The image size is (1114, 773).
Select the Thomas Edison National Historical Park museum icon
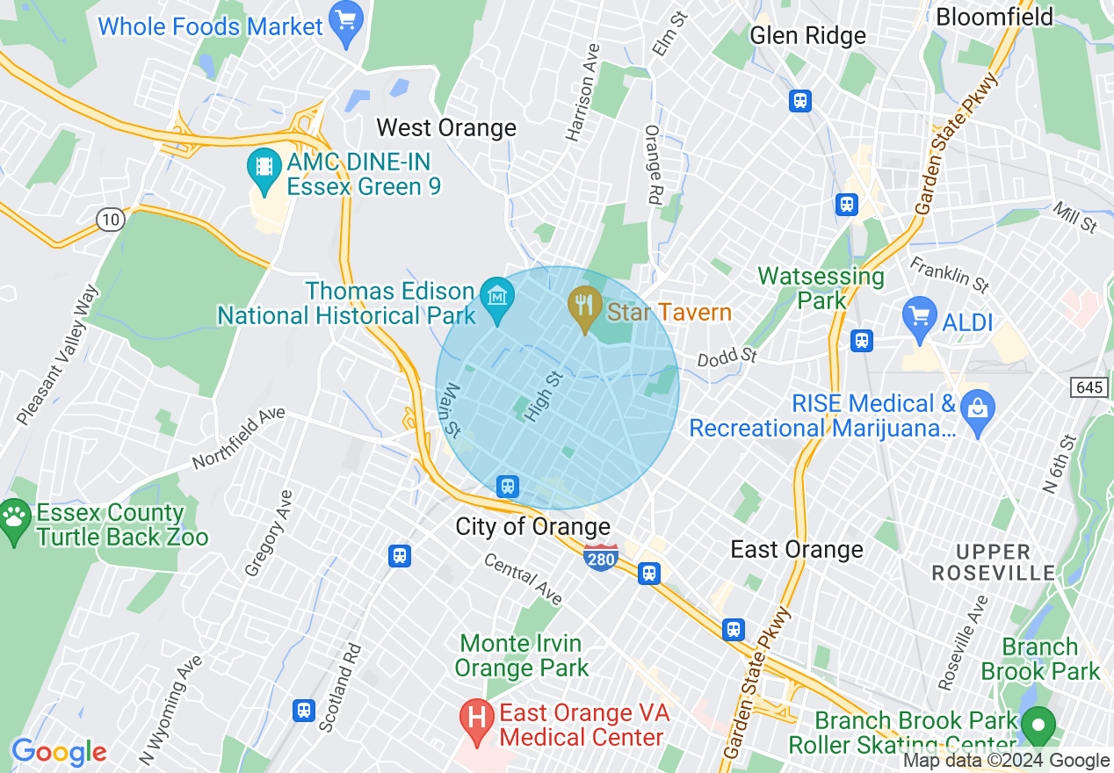tap(497, 299)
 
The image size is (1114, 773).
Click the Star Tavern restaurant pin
tap(583, 307)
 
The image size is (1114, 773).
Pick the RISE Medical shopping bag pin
tap(976, 410)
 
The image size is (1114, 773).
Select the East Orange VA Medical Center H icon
tap(476, 719)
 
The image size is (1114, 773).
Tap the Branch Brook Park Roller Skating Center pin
tap(1039, 725)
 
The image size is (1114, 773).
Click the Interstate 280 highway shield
tap(601, 557)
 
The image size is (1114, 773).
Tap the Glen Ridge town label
tap(807, 35)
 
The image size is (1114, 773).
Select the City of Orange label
tap(532, 526)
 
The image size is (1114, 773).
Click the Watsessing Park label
tap(821, 288)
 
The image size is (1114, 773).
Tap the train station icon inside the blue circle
tap(507, 486)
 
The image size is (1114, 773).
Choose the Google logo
tap(58, 752)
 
